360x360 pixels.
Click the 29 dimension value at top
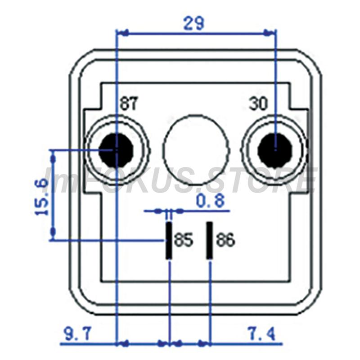[x=193, y=23]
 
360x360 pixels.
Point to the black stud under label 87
[x=116, y=150]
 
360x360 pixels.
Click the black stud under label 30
[x=275, y=150]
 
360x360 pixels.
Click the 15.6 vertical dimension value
[x=41, y=197]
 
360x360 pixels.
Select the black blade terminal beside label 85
[x=169, y=240]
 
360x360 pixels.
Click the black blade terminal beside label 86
[x=209, y=240]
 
